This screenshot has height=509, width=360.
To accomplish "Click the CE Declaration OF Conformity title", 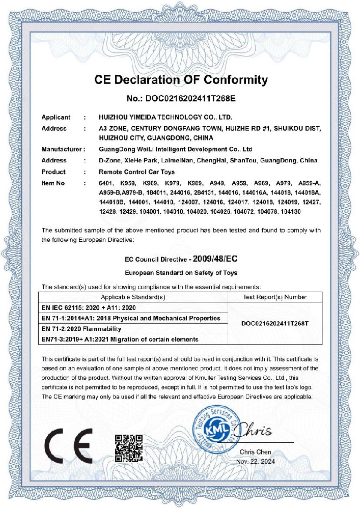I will [x=181, y=80].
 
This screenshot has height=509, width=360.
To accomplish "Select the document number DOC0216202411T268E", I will [x=181, y=99].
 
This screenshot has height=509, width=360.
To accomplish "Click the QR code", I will [x=128, y=447].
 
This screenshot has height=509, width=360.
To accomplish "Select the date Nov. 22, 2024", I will [x=255, y=461].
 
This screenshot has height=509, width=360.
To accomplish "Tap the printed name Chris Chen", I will [x=255, y=451].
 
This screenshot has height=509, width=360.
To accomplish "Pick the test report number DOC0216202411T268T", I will [x=275, y=324].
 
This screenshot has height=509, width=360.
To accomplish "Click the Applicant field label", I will [x=56, y=118].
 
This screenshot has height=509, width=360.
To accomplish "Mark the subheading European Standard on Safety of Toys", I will [x=181, y=273].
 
